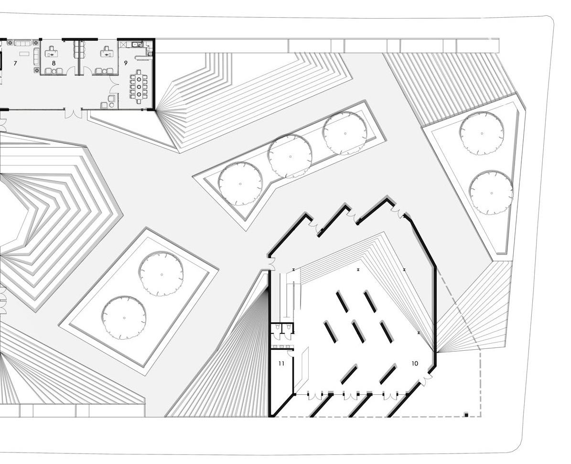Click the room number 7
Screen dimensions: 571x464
15,63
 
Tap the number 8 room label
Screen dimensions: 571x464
54,63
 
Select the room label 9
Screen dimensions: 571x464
126,63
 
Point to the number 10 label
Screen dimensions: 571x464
414,364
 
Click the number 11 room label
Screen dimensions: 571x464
281,364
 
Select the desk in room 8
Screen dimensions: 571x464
51,54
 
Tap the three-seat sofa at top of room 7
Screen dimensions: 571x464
22,43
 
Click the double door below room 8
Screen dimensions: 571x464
74,114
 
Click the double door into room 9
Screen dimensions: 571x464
114,85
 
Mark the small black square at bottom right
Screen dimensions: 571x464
466,414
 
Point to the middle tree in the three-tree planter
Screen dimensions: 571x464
290,157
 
